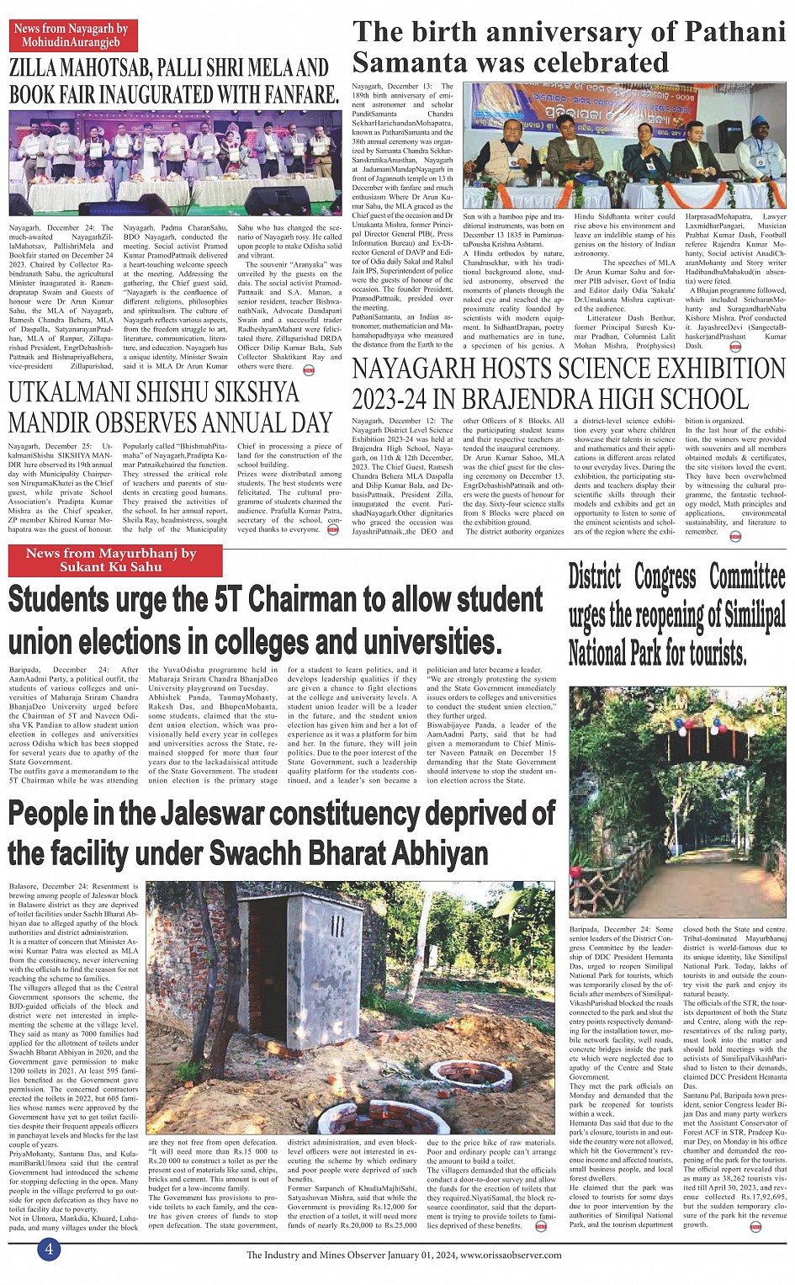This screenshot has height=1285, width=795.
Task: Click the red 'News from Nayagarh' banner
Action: coord(71,35)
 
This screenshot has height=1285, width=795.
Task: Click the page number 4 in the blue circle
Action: coord(49,1249)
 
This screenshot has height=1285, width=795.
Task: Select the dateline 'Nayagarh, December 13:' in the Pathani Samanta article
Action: coord(391,86)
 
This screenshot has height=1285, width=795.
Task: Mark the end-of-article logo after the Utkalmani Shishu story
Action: coord(333,530)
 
